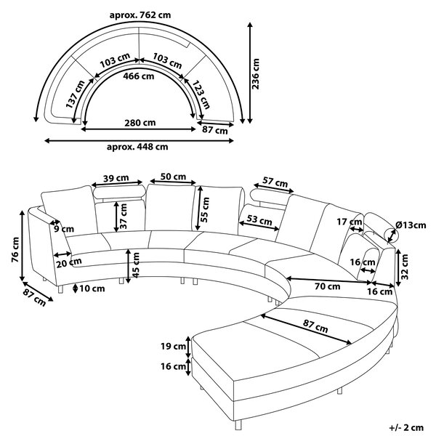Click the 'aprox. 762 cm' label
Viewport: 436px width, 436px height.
click(x=140, y=15)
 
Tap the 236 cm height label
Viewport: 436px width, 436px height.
click(x=255, y=73)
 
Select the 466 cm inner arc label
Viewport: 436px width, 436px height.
click(x=139, y=76)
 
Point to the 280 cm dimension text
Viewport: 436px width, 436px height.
click(x=140, y=123)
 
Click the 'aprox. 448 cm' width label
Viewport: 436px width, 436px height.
click(x=137, y=147)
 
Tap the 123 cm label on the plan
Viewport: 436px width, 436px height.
click(x=201, y=94)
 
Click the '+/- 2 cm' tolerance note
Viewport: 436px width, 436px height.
click(x=406, y=427)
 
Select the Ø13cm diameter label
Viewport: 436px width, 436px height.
click(x=411, y=225)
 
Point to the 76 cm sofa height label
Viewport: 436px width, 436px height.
click(x=15, y=250)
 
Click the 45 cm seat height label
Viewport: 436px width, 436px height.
click(x=135, y=265)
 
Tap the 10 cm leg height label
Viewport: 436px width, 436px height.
click(x=92, y=288)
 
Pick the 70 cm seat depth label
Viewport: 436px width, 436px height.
click(x=327, y=286)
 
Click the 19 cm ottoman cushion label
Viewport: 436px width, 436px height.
click(x=173, y=347)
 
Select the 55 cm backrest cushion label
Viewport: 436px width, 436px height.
click(x=205, y=209)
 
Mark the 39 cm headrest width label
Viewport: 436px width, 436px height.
click(x=116, y=178)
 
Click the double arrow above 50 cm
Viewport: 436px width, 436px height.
click(x=173, y=182)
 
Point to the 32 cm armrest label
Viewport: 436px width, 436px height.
click(x=405, y=267)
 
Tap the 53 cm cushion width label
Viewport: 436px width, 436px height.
click(x=259, y=220)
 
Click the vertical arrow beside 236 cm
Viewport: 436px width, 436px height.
click(x=250, y=73)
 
